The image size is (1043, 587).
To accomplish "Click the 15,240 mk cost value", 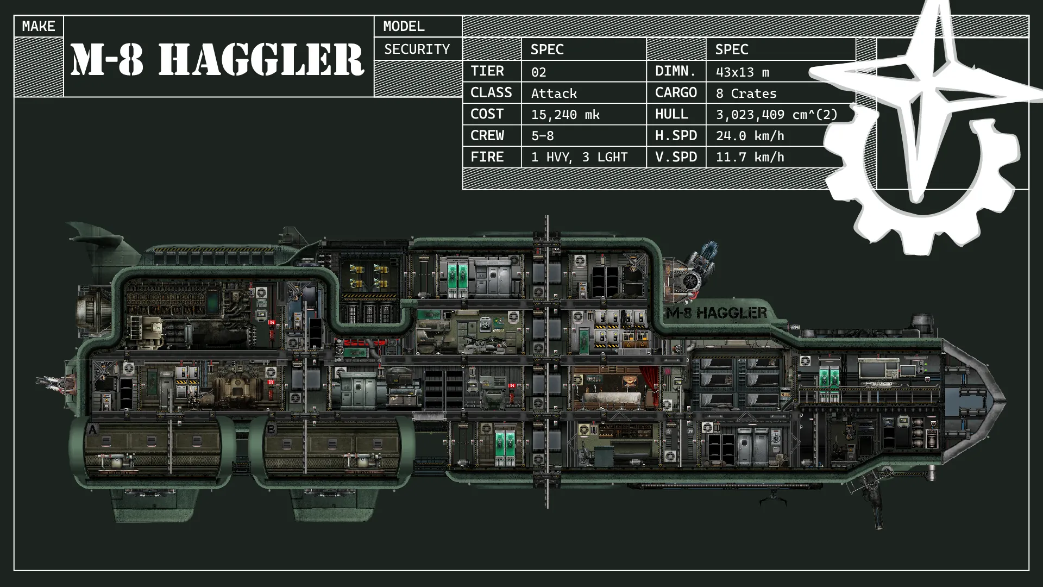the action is (565, 115).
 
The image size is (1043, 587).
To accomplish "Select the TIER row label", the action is (487, 71).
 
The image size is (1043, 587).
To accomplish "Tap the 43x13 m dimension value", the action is (742, 72).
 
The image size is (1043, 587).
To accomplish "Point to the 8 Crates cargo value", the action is (746, 93).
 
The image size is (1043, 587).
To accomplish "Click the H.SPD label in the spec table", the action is (676, 136).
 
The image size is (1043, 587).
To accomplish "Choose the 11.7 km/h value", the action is (750, 158).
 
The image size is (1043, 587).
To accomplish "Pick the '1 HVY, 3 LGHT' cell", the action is (579, 158).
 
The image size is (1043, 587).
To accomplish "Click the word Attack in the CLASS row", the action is (554, 93).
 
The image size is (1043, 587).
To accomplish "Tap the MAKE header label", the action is (39, 26).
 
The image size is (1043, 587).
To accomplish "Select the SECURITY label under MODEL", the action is (417, 49).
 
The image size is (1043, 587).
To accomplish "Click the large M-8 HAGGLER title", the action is (217, 59).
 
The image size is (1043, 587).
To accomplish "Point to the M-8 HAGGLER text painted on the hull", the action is (717, 313).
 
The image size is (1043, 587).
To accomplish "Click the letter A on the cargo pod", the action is (92, 430).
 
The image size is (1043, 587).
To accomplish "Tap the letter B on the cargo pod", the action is (271, 429).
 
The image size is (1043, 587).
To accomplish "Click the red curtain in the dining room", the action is (650, 383).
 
